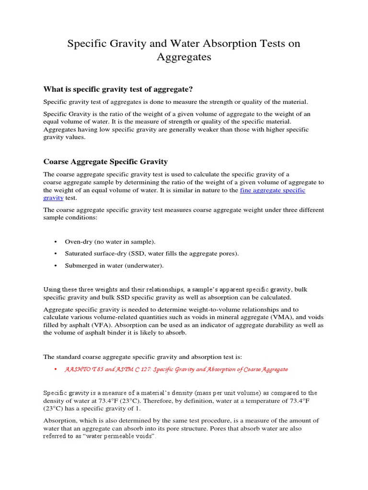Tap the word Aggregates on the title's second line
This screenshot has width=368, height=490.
point(184,57)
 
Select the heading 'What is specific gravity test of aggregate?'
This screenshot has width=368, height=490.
point(118,89)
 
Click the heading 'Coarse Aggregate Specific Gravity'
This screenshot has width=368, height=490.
point(105,162)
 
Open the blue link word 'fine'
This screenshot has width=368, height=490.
point(246,190)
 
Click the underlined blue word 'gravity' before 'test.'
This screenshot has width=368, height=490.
point(53,198)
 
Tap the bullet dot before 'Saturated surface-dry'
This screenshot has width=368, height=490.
point(56,254)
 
